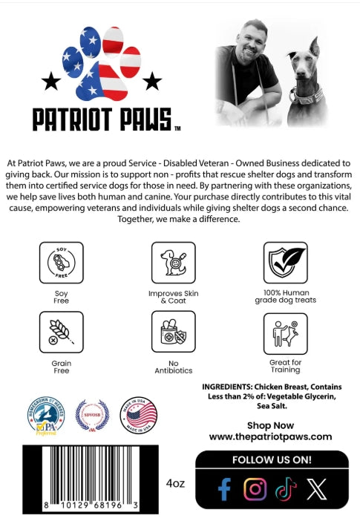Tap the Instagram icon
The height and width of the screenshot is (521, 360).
pos(255,489)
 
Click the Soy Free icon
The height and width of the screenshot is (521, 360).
pos(61,263)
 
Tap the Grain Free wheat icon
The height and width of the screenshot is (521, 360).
pos(61,332)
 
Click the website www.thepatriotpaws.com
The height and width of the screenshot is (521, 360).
pos(270,437)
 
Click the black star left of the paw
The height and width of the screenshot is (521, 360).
pos(52,79)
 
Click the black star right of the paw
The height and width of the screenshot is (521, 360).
pos(152,79)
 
